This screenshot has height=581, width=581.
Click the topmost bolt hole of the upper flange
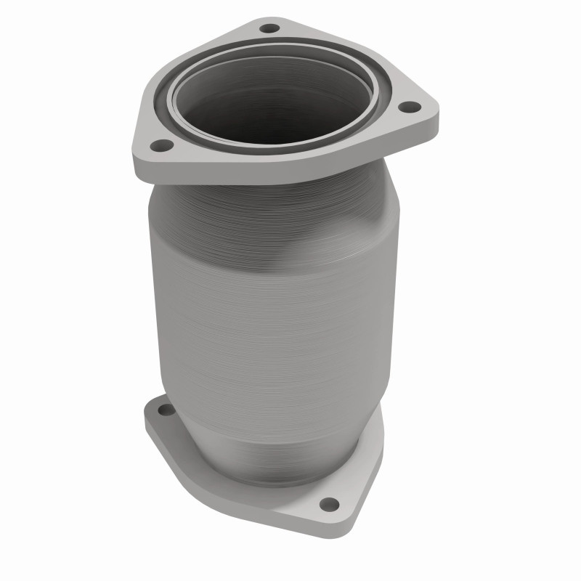pos(269,28)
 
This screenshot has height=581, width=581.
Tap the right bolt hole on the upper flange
pos(410,107)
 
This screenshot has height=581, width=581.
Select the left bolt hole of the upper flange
pos(163,145)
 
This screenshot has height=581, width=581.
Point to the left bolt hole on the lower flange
pos(166,410)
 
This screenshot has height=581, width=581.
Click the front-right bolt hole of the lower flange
pos(329,503)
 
